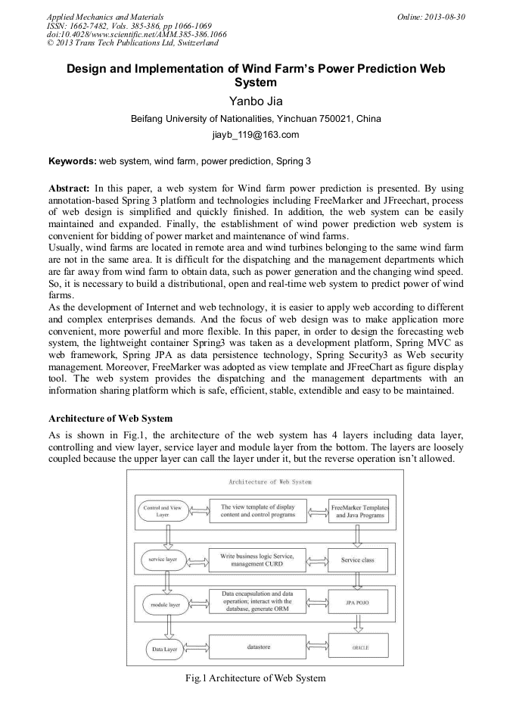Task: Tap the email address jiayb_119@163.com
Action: tap(256, 136)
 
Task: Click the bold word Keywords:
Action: tap(73, 161)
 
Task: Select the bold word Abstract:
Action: tap(70, 187)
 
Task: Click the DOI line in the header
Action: tap(126, 35)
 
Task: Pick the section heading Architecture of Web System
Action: tap(110, 418)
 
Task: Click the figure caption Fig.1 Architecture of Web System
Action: tap(256, 678)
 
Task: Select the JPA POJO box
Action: tap(358, 604)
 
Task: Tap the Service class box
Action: tap(358, 561)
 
